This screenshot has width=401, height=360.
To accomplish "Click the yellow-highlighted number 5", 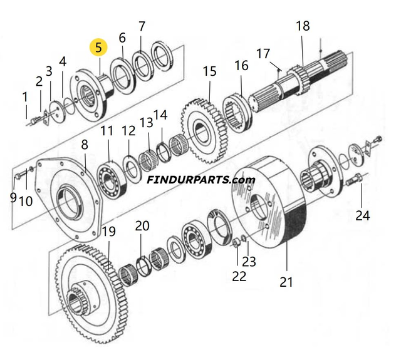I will point(99,47).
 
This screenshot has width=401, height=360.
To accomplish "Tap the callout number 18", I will point(303,26).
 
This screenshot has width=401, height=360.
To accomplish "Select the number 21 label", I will point(286,282).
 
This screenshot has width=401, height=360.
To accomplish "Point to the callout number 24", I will point(363,216).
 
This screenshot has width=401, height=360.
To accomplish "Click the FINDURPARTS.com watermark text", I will point(201,180).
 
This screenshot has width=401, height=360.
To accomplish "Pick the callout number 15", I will point(209,71).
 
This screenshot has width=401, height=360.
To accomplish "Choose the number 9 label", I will point(13,198).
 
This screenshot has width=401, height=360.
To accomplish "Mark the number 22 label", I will point(239,276).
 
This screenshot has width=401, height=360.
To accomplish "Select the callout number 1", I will point(25,97).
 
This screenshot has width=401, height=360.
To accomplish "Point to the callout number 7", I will point(142,26).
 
